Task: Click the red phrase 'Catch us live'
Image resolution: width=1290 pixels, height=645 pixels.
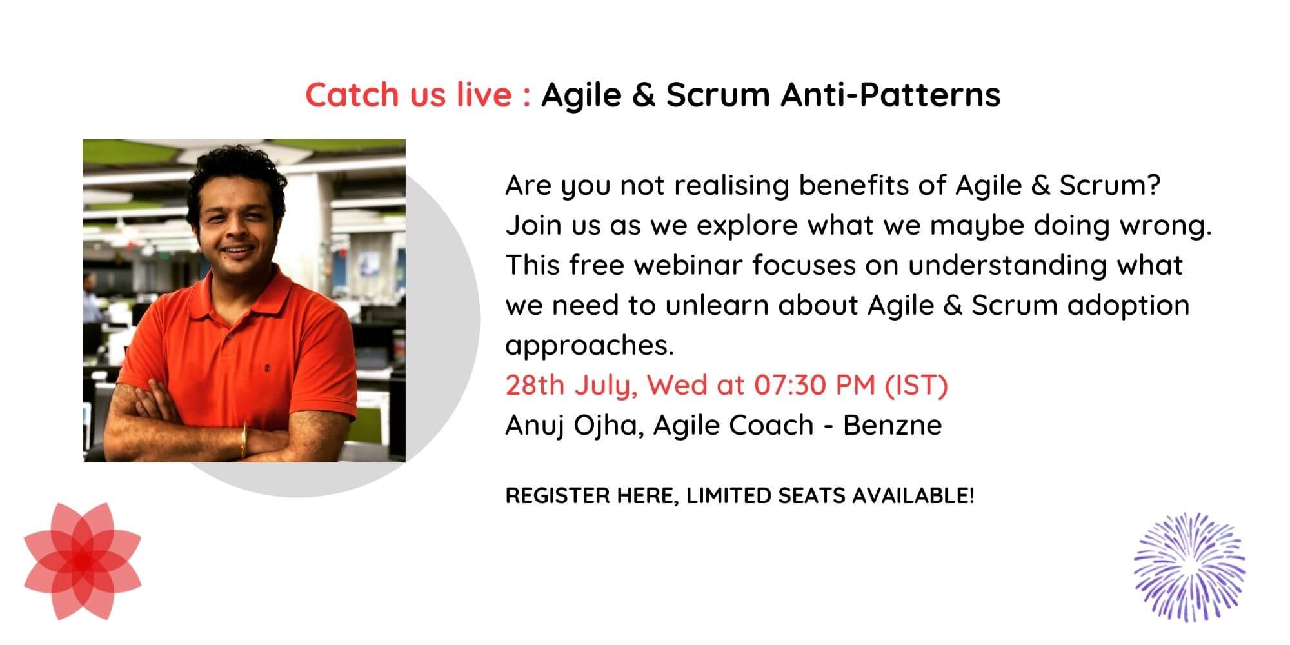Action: coord(409,95)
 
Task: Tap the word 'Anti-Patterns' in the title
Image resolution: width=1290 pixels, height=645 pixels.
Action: coord(891,95)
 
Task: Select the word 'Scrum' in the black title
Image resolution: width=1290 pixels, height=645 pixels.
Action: coord(718,95)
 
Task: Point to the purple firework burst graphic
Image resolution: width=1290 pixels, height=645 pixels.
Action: coord(1190,567)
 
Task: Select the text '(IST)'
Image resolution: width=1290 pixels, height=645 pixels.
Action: coord(916,385)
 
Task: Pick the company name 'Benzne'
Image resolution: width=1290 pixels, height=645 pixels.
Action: coord(893,426)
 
